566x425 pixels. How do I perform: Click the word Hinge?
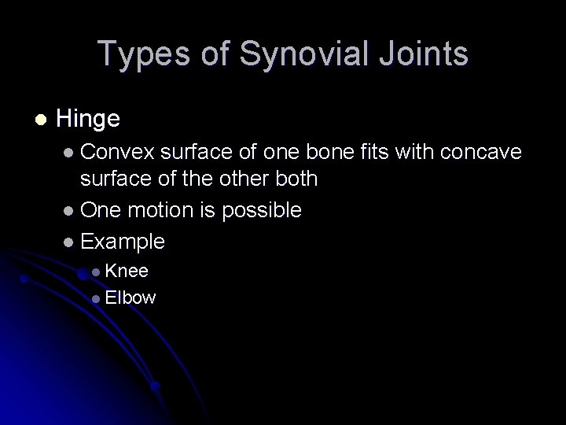tap(88, 119)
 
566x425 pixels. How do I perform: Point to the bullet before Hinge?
tap(40, 120)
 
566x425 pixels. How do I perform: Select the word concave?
tap(495, 148)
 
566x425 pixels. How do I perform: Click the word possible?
tap(263, 209)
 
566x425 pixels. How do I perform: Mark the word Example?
tap(123, 241)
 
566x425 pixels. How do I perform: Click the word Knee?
tap(127, 271)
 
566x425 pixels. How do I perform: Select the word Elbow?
tap(130, 297)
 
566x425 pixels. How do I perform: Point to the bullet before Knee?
tap(96, 272)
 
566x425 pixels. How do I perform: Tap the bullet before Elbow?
tap(96, 298)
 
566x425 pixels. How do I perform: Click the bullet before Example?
tap(71, 242)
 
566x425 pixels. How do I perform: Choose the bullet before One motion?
tap(71, 210)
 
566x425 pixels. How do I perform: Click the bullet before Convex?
tap(71, 149)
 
